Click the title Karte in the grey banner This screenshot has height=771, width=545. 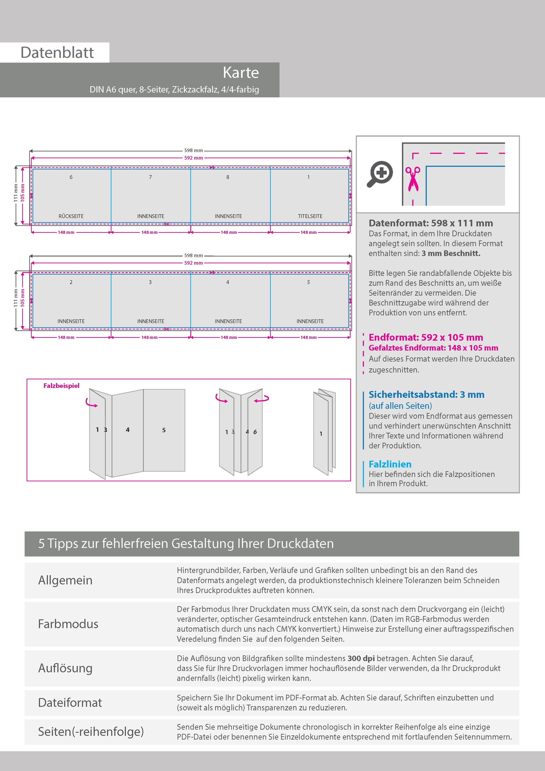click(241, 73)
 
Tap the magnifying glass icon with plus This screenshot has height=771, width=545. click(380, 174)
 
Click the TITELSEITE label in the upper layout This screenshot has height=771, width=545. click(310, 216)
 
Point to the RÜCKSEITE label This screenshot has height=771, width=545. click(71, 216)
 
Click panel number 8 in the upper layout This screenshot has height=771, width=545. click(228, 177)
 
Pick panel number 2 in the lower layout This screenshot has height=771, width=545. click(71, 282)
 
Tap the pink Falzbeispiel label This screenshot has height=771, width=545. click(62, 386)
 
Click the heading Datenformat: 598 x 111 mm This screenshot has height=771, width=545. click(431, 223)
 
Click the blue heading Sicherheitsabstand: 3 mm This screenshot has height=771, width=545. click(426, 394)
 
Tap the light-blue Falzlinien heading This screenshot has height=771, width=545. click(390, 464)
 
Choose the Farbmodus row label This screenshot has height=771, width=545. click(68, 624)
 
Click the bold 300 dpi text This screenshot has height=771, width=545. click(361, 658)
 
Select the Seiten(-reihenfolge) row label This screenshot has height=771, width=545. click(91, 731)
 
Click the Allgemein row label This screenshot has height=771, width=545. click(65, 580)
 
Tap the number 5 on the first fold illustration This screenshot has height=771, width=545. click(164, 430)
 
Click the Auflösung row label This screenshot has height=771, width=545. click(65, 668)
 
